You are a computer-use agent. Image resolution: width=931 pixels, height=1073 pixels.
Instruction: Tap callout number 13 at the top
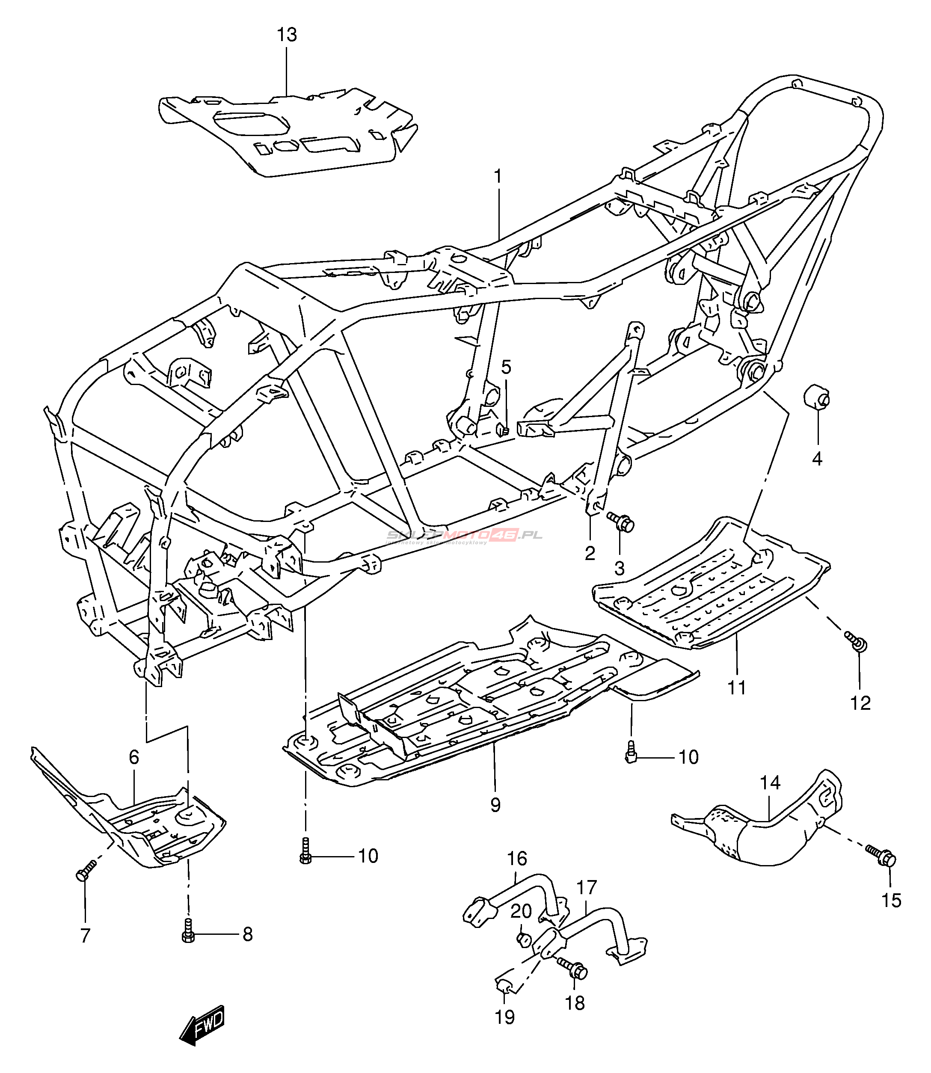(x=287, y=35)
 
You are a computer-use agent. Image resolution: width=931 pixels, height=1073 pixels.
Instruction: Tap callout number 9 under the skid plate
(x=495, y=805)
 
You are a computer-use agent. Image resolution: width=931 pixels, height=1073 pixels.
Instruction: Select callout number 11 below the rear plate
(x=736, y=688)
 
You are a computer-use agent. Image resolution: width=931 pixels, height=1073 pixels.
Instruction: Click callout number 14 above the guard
(x=770, y=783)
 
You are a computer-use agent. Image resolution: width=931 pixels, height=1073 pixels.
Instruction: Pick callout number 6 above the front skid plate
(x=134, y=757)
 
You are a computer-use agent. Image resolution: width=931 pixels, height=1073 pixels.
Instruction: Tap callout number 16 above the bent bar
(x=517, y=858)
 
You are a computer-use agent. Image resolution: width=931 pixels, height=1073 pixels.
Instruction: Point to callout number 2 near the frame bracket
(x=590, y=553)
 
